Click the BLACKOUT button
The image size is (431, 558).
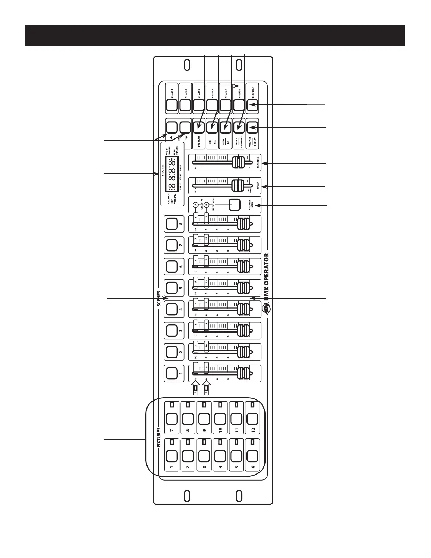click(x=252, y=105)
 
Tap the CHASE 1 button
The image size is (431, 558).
click(x=172, y=105)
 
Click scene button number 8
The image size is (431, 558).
click(x=172, y=224)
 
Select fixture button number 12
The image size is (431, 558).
click(x=252, y=419)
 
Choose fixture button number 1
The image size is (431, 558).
click(x=172, y=456)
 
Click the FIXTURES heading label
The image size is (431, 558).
click(x=159, y=438)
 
